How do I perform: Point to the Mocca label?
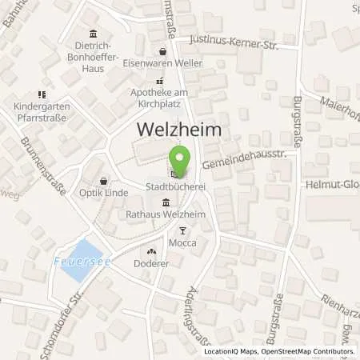click(182, 242)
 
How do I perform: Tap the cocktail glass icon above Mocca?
click(182, 230)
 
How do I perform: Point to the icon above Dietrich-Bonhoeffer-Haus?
click(94, 34)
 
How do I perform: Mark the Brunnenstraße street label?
click(42, 167)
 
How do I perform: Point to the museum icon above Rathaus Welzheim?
click(165, 202)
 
